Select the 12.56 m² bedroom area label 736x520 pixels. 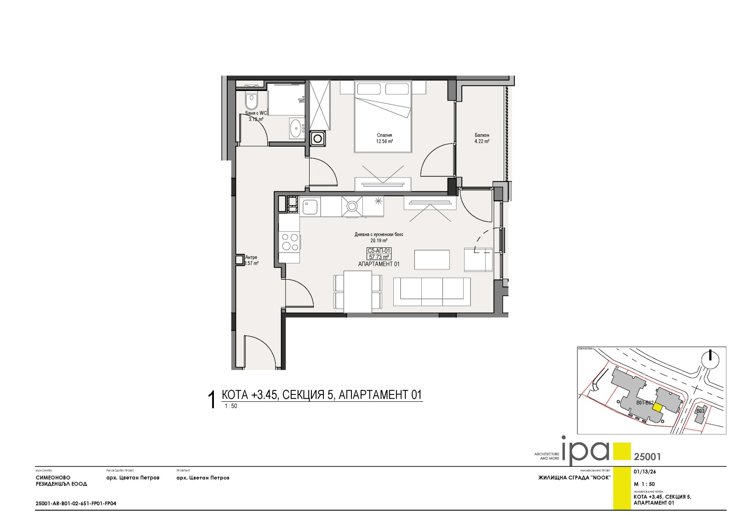[384, 142]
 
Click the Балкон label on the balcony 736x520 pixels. [482, 135]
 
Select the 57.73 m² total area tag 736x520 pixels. [379, 257]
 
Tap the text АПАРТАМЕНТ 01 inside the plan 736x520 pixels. [379, 264]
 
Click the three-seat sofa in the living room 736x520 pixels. [432, 291]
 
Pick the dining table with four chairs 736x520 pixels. [358, 291]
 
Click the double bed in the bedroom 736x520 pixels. [382, 117]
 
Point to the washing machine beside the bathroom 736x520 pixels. [317, 137]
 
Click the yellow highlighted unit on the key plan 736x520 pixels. [658, 407]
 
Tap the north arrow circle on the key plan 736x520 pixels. [711, 359]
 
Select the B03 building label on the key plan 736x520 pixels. [700, 411]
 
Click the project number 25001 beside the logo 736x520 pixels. [647, 457]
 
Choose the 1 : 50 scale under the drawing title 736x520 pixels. [231, 406]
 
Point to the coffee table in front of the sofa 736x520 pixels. [432, 259]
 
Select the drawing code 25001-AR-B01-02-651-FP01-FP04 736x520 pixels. [76, 503]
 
